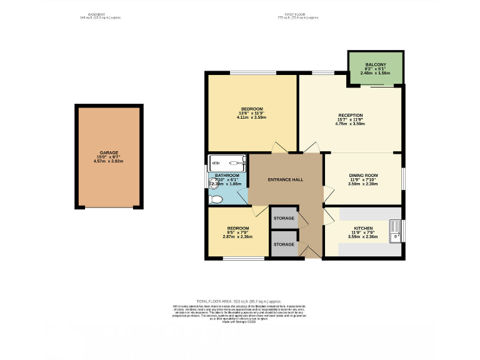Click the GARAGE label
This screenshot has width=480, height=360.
pos(109,152)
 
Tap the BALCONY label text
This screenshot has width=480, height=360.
pos(375,64)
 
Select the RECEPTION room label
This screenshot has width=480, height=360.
pos(350,115)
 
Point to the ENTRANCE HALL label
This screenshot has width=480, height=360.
pos(286,179)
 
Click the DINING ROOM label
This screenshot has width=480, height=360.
pos(363,176)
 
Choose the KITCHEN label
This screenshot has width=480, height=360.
pos(363,228)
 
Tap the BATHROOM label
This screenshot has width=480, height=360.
pos(227,175)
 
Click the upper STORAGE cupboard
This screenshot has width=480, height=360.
pos(284,218)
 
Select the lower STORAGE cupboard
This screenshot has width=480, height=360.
pos(284,244)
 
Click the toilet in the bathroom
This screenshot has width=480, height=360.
pos(216,199)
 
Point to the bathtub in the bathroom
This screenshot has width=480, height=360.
pos(227,163)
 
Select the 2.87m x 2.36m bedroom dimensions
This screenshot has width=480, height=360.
pos(237,236)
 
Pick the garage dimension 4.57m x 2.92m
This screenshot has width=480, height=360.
pos(109,161)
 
